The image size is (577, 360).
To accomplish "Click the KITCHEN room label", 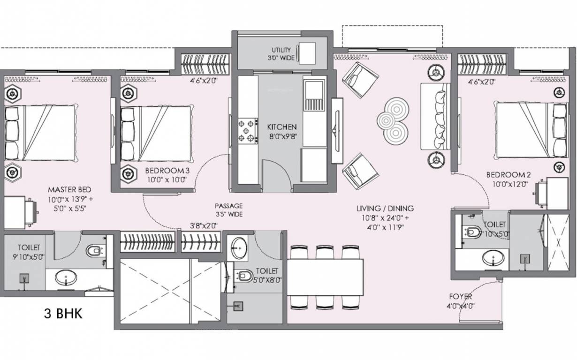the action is [282, 127].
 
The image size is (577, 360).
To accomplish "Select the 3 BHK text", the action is [63, 314].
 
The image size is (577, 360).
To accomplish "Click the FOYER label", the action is [461, 296].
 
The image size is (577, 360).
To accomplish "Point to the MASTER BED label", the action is [69, 190].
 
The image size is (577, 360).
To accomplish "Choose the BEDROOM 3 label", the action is [167, 171].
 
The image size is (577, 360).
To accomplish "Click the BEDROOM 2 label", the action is [509, 175].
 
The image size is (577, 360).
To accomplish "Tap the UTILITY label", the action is [281, 50].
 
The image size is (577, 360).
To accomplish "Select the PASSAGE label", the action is [229, 206].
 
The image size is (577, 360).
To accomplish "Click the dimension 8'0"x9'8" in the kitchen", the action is [283, 136].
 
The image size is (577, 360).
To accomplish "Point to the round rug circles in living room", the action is [393, 121].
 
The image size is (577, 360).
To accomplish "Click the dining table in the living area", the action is [326, 277].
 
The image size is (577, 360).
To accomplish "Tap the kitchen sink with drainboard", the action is [314, 95].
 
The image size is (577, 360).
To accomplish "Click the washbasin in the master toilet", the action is [66, 277].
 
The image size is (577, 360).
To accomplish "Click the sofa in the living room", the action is [435, 117].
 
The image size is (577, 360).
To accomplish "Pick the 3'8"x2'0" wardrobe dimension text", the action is [204, 225].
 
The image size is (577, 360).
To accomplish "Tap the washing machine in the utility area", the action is [307, 53].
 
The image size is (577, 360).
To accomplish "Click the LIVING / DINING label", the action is [385, 209].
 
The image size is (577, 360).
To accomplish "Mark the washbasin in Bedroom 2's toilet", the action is [493, 258].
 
